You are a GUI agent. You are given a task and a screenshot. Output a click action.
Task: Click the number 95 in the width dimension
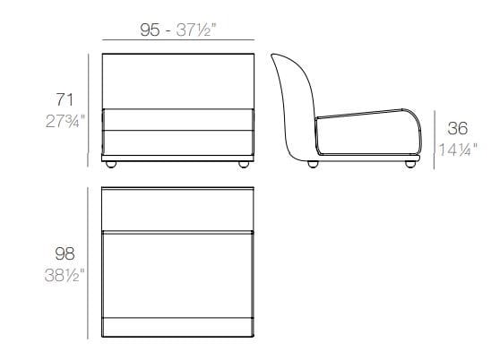[x=150, y=30]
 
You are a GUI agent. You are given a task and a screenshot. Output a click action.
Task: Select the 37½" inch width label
[x=196, y=30]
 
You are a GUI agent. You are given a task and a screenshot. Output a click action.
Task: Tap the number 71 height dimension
[x=65, y=100]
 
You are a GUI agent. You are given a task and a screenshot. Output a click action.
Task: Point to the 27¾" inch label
[x=65, y=121]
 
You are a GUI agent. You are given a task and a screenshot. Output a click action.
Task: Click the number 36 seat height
[x=458, y=128]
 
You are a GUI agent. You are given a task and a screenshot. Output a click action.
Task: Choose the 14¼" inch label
[x=458, y=150]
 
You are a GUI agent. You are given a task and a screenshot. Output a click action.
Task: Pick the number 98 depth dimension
[x=65, y=253]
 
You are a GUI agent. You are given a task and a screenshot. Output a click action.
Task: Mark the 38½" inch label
[x=65, y=275]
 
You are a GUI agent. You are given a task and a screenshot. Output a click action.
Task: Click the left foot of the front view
[x=111, y=165]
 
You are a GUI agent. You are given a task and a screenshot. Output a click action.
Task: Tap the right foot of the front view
[x=244, y=165]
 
